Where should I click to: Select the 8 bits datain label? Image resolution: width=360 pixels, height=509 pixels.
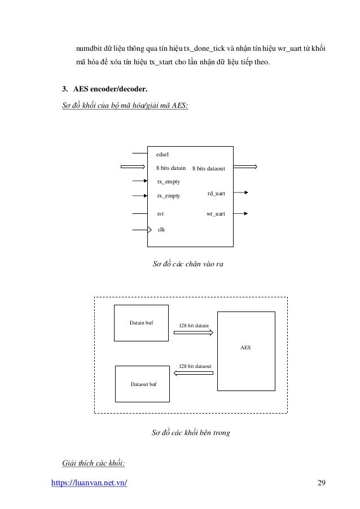coord(171,168)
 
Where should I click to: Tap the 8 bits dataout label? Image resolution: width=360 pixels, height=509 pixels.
coord(209,168)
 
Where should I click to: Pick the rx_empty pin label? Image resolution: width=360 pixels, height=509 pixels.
coord(168,196)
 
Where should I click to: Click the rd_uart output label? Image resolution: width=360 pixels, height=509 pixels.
coord(216,194)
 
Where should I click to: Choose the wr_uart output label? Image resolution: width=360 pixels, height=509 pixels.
coord(216,214)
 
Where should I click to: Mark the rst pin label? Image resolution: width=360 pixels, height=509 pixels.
coord(160,214)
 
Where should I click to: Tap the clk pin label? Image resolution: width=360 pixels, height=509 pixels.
coord(161,230)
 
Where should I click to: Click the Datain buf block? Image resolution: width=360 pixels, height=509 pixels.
coord(142,323)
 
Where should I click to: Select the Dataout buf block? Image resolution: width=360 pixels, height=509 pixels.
coord(143,384)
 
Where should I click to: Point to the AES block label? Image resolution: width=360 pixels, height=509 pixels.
coord(245,347)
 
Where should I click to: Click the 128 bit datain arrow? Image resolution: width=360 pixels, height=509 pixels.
coord(193,333)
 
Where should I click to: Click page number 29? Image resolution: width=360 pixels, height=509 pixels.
coord(322,483)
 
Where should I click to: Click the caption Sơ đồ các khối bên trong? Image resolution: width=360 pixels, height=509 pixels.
coord(191,433)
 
